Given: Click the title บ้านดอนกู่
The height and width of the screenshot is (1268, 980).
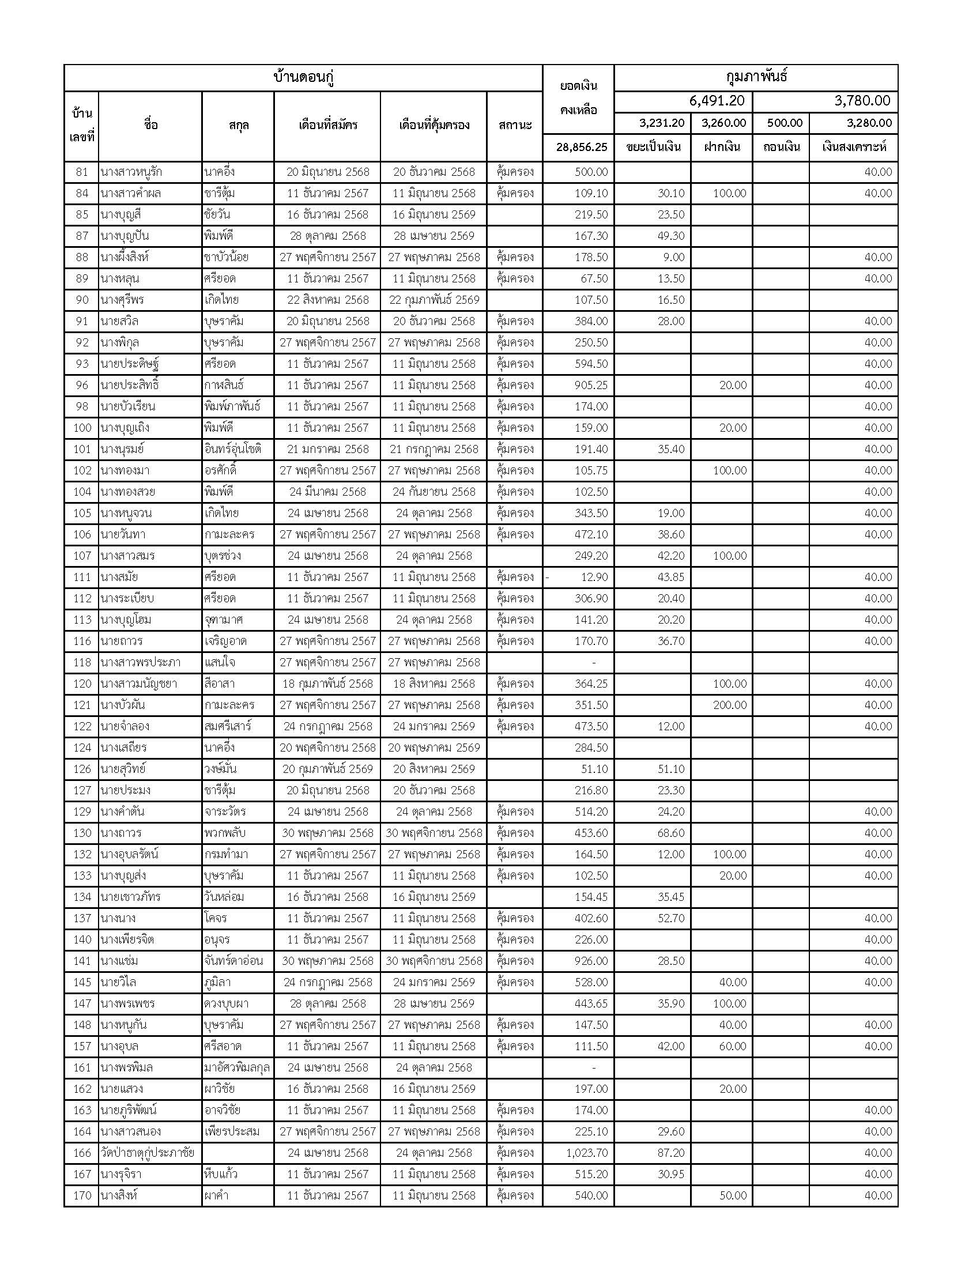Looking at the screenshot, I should click(303, 78).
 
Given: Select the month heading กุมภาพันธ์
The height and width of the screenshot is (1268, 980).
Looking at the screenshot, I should click(756, 77).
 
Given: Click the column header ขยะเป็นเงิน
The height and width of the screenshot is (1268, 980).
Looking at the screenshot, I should click(653, 148).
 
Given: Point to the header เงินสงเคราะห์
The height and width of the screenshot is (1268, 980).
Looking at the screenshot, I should click(854, 148).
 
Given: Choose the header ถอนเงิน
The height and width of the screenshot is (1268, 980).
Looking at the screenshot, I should click(782, 148).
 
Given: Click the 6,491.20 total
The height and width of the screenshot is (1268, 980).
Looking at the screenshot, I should click(717, 101).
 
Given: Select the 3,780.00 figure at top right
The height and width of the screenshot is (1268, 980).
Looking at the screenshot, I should click(862, 101).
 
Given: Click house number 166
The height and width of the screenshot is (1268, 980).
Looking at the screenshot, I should click(82, 1153).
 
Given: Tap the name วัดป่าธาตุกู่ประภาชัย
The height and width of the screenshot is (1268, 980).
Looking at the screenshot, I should click(148, 1153).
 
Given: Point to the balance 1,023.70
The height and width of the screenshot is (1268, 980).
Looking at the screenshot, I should click(587, 1153).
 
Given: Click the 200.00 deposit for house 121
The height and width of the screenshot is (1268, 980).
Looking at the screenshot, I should click(730, 705).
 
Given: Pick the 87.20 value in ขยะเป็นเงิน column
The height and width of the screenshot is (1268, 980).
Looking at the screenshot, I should click(670, 1153).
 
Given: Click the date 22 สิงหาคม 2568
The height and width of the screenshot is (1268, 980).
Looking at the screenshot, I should click(327, 300).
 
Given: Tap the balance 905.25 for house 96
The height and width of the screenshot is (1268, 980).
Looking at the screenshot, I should click(591, 386).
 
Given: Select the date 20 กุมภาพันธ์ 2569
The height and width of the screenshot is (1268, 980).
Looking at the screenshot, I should click(327, 769).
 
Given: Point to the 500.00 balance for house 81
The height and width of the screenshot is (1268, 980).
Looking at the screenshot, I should click(591, 172).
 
